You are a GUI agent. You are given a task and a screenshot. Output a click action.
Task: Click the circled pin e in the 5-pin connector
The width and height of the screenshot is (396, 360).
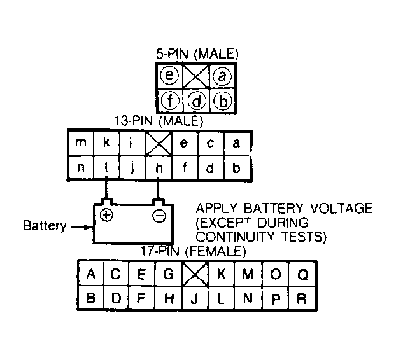point(169,75)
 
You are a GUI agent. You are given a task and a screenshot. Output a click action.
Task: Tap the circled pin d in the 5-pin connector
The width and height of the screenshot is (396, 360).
point(197,101)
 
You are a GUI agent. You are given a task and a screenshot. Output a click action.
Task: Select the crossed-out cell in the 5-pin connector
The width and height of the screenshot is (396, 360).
point(196,76)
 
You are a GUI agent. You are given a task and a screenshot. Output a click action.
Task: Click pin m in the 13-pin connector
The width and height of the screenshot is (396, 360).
point(81,142)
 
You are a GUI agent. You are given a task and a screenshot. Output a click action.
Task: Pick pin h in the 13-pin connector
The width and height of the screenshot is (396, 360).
point(159,168)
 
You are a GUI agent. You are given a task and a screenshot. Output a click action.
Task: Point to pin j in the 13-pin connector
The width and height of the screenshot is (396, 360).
point(132,168)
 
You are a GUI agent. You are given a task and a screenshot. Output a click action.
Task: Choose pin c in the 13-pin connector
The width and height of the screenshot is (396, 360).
point(211,143)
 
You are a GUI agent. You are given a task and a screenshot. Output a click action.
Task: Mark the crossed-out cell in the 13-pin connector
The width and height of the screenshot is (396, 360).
point(159,143)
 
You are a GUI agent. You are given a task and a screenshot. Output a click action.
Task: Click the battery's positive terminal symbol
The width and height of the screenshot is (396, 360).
point(106,215)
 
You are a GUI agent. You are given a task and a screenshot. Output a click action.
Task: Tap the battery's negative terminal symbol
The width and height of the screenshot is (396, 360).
point(159,216)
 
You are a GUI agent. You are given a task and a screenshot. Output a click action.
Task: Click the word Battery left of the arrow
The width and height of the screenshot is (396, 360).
point(45,225)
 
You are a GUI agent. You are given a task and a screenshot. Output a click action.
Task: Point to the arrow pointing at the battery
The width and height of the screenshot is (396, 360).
point(82,227)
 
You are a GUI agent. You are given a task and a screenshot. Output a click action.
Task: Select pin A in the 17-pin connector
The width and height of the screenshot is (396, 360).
point(90,273)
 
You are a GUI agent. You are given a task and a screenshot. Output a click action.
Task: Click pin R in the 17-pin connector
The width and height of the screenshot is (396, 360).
point(302,298)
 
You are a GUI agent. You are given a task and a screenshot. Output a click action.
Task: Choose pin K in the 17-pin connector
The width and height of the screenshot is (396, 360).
point(221,273)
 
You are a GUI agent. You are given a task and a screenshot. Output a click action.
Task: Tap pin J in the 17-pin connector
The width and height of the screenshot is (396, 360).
point(194,298)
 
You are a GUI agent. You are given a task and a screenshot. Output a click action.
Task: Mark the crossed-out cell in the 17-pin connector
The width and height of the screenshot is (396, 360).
point(195,273)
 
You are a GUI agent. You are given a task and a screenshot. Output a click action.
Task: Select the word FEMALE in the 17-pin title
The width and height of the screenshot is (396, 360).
point(215,251)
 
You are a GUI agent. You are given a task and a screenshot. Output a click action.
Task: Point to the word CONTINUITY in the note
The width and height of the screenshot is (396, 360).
point(235,237)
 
